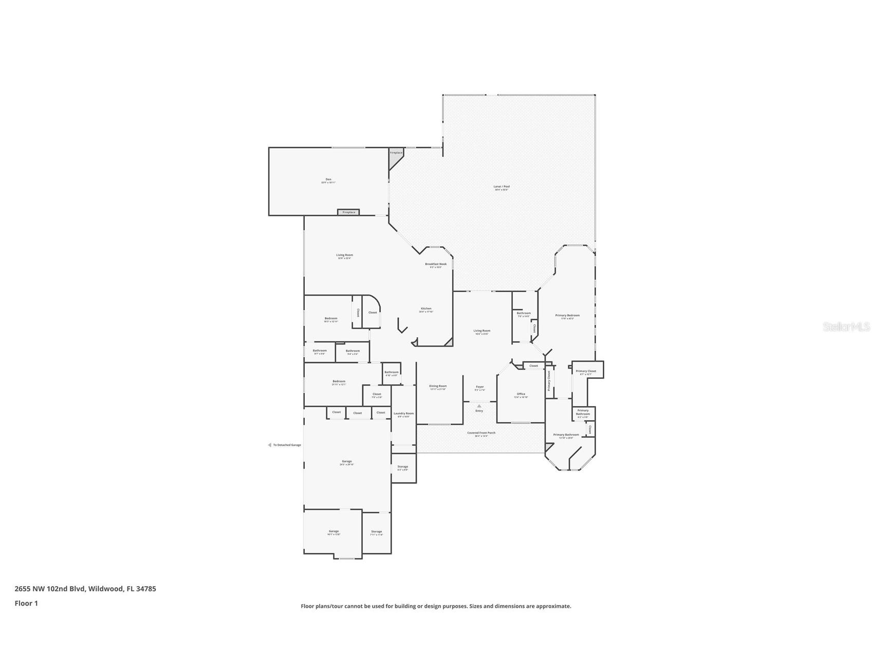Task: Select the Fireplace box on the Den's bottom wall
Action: [x=348, y=212]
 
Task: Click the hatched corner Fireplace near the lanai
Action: [x=396, y=153]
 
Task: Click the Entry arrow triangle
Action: [x=479, y=406]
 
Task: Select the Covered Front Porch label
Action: [x=481, y=433]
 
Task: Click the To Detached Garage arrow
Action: [x=269, y=445]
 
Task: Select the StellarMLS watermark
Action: [x=846, y=326]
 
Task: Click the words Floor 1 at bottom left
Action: [x=26, y=604]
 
